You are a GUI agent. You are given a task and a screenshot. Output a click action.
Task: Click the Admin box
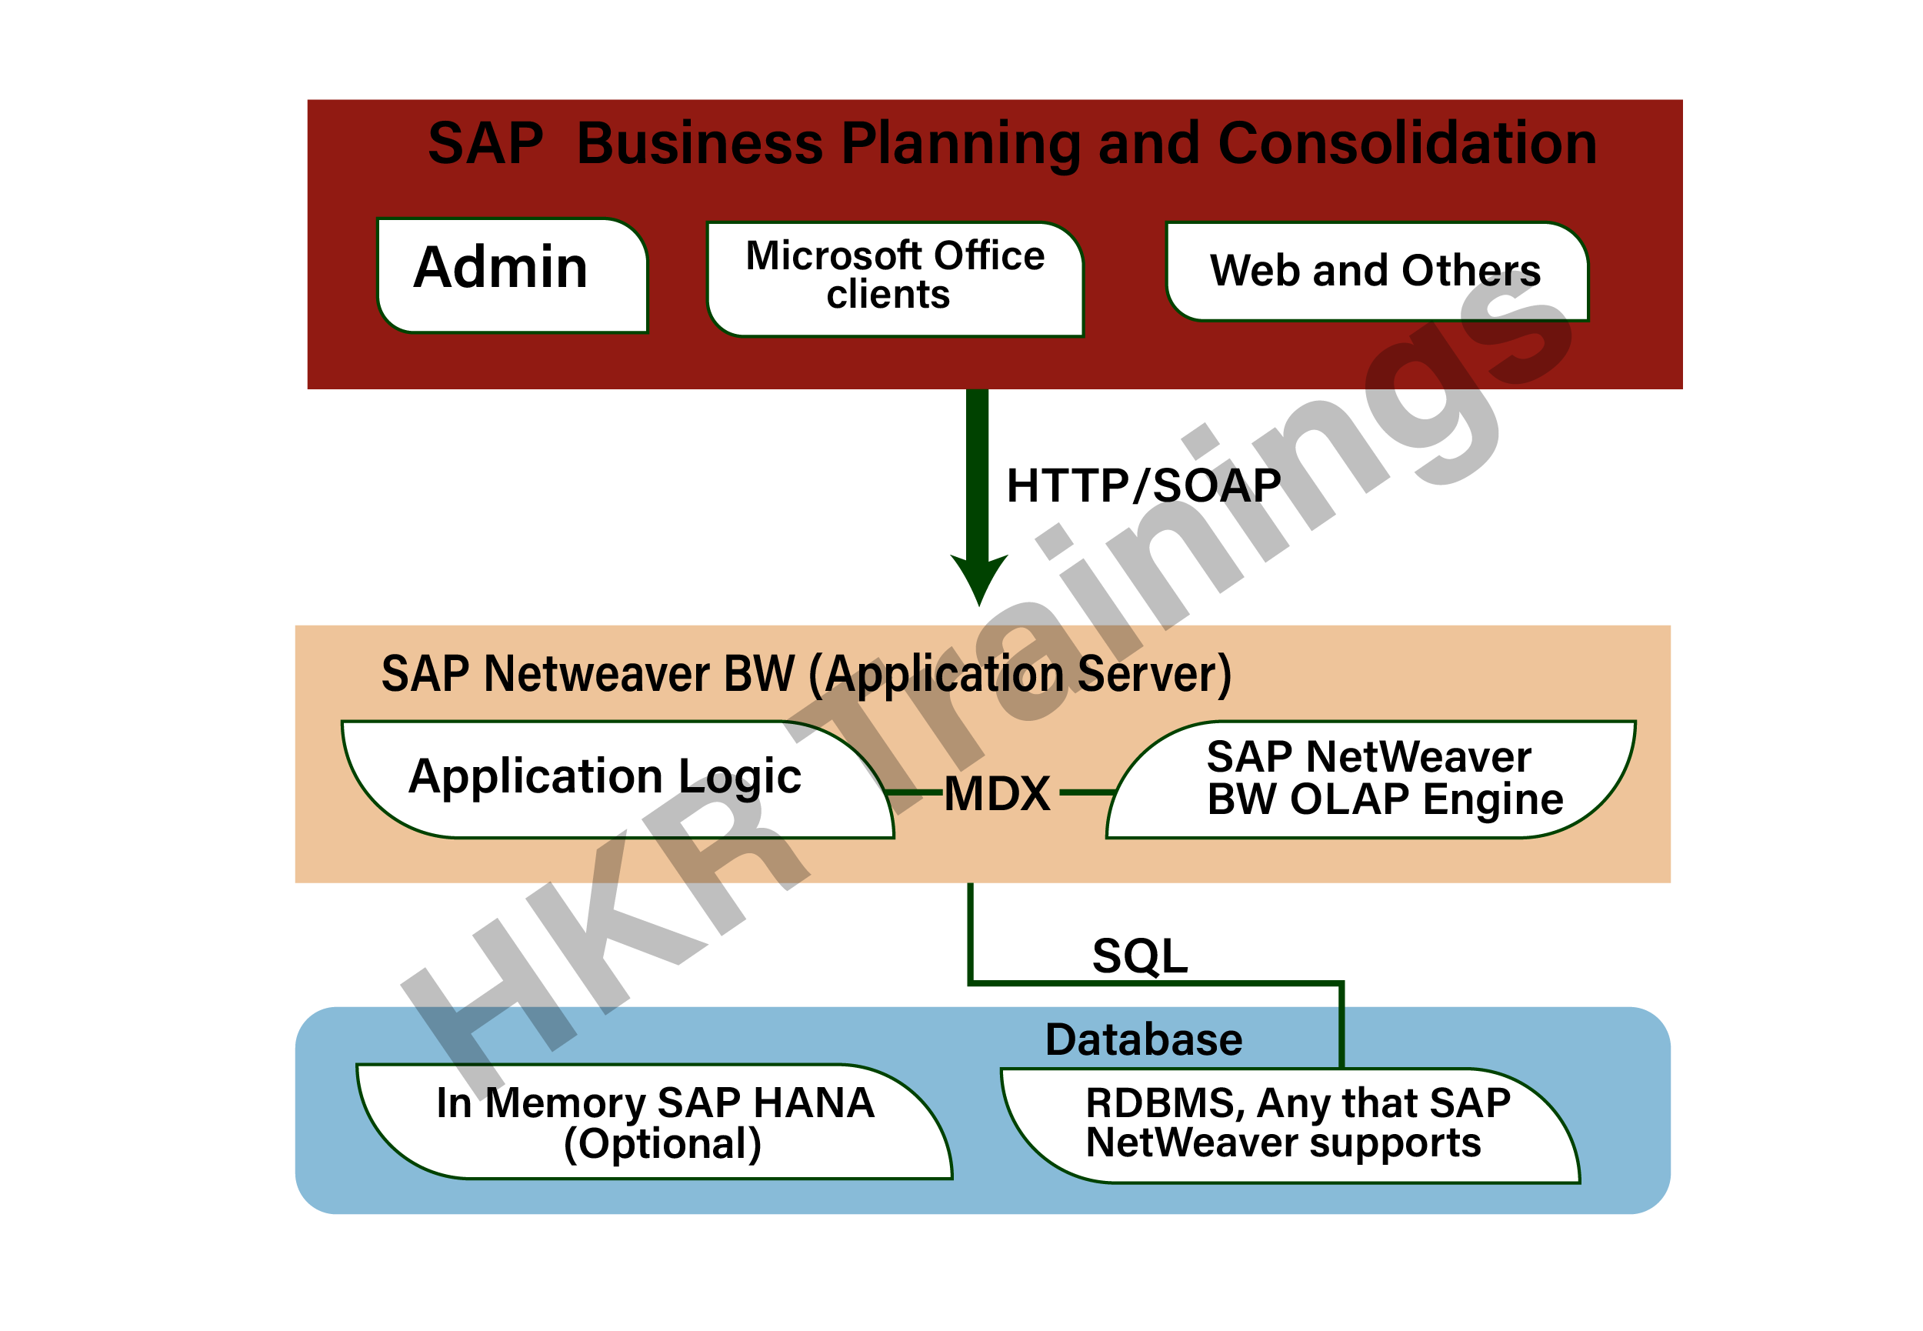click(511, 275)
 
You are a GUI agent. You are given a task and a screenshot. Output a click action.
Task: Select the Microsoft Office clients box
click(894, 279)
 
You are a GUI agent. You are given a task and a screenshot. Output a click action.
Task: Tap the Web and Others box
click(1376, 271)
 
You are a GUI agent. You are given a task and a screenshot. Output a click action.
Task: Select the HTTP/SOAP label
click(1142, 485)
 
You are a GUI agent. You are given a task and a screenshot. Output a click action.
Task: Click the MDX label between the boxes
click(997, 793)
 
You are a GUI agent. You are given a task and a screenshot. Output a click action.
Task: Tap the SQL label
click(1139, 956)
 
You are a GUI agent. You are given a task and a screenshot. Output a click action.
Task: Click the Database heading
click(1144, 1040)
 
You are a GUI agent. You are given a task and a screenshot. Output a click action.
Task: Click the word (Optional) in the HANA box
click(663, 1144)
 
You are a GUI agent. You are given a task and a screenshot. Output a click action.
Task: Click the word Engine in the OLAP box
click(1492, 801)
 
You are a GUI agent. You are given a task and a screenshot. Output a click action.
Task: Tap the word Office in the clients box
click(988, 256)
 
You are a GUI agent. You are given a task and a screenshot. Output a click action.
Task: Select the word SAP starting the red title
click(485, 143)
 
